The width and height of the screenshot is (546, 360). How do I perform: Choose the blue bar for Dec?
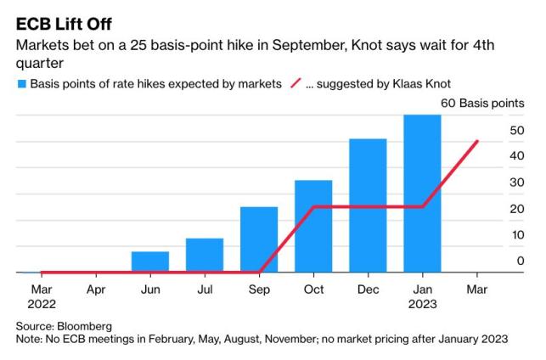point(368,205)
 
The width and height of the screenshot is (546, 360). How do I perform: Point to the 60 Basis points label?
point(481,104)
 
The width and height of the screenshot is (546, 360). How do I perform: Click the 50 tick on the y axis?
point(517,130)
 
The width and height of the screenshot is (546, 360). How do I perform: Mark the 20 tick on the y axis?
point(517,209)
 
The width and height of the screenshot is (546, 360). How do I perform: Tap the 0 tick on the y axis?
point(521,262)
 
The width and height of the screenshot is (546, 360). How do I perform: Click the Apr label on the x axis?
point(96,289)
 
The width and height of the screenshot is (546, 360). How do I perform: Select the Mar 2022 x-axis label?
point(42,295)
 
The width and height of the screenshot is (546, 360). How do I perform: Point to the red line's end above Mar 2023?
point(476,141)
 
